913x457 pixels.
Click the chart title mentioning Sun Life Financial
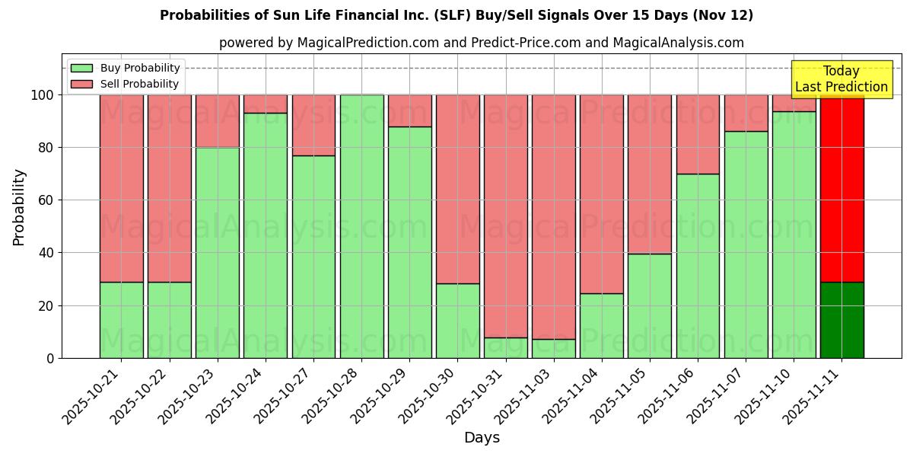coord(456,15)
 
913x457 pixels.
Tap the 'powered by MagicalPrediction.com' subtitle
coord(481,43)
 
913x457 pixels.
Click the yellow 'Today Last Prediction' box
coord(841,79)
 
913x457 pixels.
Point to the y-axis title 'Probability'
coord(19,206)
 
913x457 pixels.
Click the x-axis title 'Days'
coord(482,437)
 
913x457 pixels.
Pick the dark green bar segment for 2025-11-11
coord(841,320)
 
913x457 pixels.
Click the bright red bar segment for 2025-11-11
coord(841,190)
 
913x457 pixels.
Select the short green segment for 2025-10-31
coord(505,347)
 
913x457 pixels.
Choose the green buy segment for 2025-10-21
coord(121,320)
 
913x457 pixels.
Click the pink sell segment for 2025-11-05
coord(649,174)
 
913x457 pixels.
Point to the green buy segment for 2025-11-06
coord(698,266)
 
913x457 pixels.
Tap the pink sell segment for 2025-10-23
coord(217,121)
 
